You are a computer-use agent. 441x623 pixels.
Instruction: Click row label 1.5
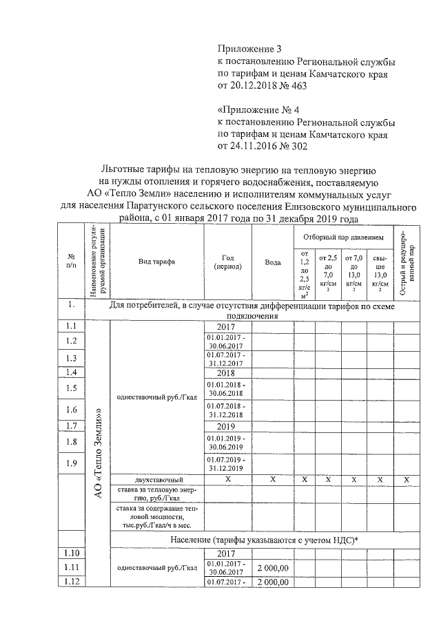pos(70,388)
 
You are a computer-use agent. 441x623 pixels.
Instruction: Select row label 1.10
pos(70,553)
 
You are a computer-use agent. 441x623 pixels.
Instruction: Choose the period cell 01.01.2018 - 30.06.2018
pos(226,388)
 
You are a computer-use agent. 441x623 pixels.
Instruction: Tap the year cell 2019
pos(226,426)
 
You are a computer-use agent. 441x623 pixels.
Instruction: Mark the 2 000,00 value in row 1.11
pos(272,568)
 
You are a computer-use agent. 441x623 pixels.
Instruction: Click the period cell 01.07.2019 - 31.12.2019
pos(226,463)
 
